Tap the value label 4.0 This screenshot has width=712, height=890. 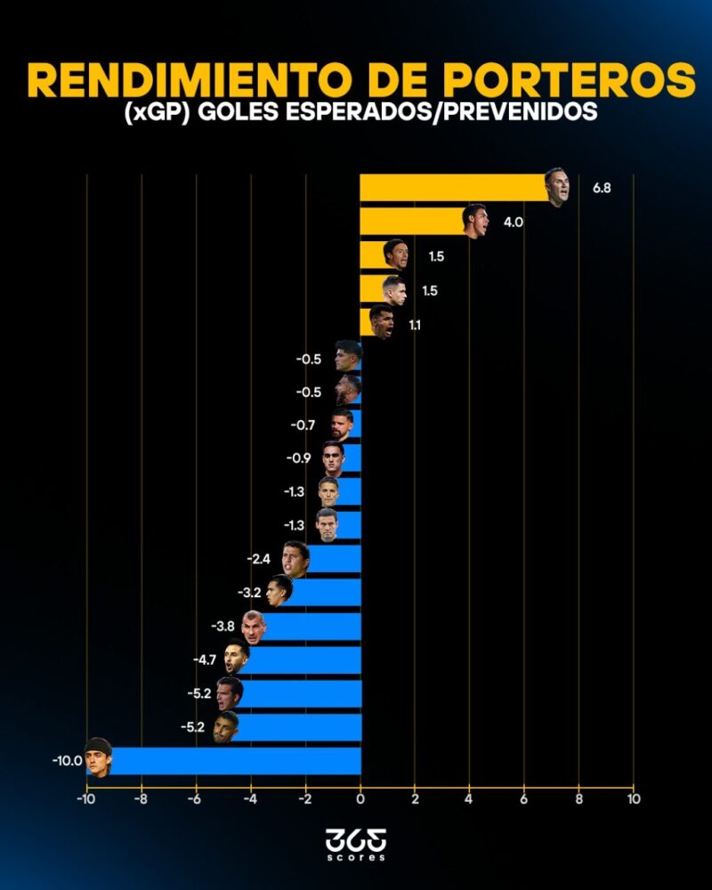pyautogui.click(x=513, y=222)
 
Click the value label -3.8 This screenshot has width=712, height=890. pyautogui.click(x=222, y=627)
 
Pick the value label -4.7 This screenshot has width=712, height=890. pyautogui.click(x=205, y=659)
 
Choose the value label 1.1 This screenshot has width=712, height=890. pyautogui.click(x=415, y=326)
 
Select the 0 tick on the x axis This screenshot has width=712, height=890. pyautogui.click(x=360, y=798)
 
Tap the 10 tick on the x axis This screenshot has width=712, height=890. pyautogui.click(x=633, y=798)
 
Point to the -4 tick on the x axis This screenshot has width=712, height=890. pyautogui.click(x=250, y=798)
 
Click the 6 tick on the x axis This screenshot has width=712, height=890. pyautogui.click(x=524, y=798)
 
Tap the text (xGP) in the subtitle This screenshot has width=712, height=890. pyautogui.click(x=152, y=114)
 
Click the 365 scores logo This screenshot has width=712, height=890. pyautogui.click(x=356, y=844)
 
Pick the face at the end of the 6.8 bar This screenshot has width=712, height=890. pyautogui.click(x=556, y=187)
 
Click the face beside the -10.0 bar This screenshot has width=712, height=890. pyautogui.click(x=98, y=757)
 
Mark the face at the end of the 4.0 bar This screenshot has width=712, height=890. pyautogui.click(x=475, y=221)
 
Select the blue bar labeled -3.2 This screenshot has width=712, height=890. pyautogui.click(x=326, y=593)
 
